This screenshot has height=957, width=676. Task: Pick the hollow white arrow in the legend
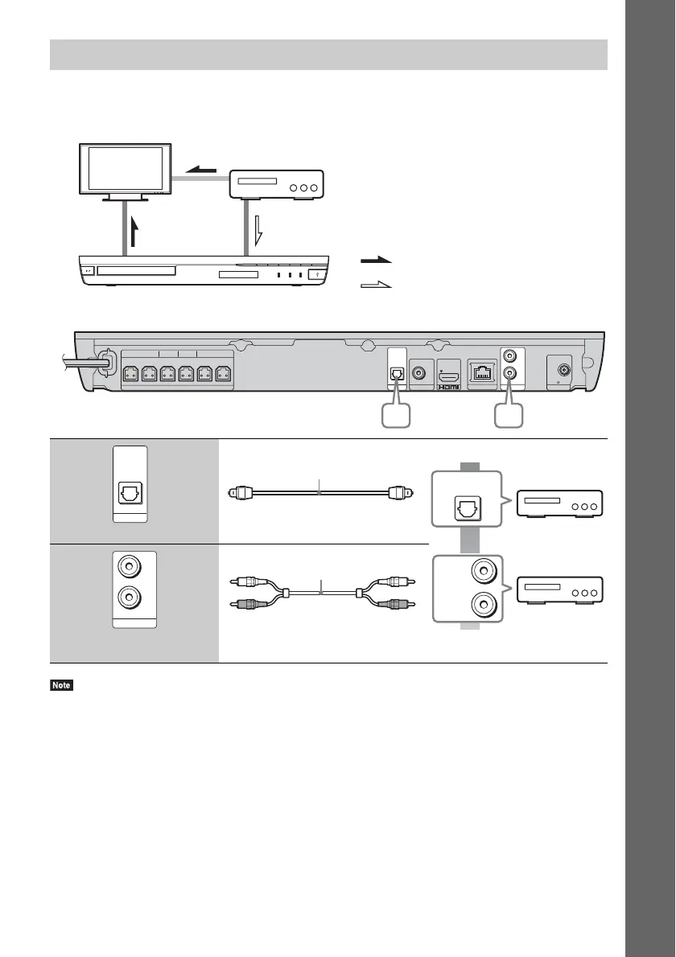tap(377, 284)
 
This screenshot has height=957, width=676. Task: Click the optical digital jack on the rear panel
tap(397, 373)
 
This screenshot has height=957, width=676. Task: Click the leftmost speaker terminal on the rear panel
tap(130, 373)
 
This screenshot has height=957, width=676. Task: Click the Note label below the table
tap(60, 686)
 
